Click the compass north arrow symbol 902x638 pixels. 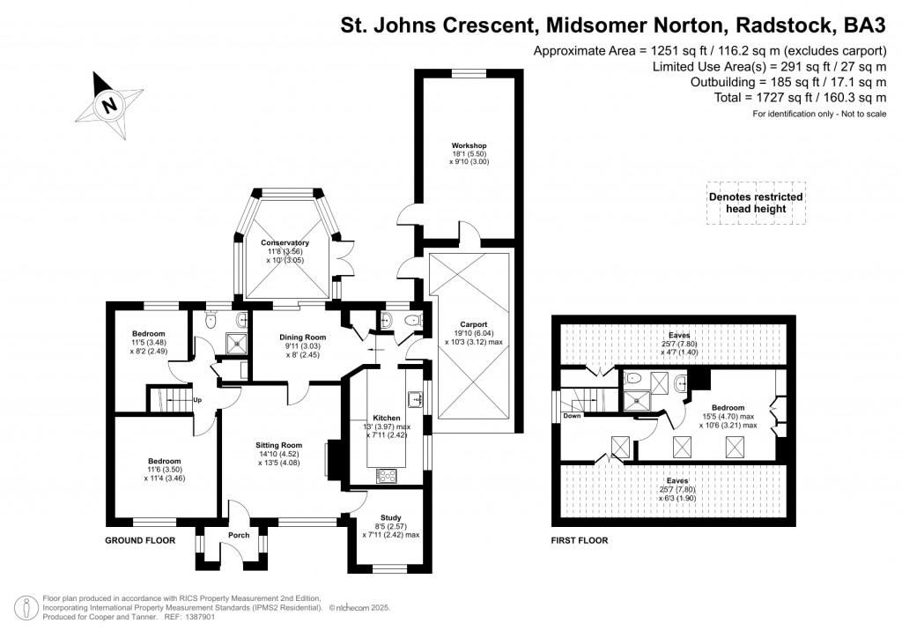tap(109, 105)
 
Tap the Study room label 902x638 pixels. tap(390, 518)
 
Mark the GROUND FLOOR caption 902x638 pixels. tap(140, 540)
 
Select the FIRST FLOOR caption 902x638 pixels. tap(579, 540)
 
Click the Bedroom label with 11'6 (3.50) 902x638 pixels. tap(165, 462)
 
